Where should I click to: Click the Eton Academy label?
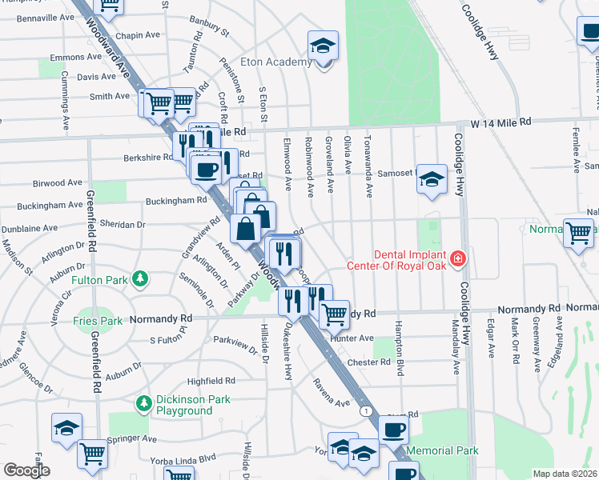276,62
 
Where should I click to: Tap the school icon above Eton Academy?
324,46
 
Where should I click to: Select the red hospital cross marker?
457,258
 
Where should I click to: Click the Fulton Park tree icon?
141,278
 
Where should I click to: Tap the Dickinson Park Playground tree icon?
144,402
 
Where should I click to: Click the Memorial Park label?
442,451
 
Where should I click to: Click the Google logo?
27,470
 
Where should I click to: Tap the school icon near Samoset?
432,181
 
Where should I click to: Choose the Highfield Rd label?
211,381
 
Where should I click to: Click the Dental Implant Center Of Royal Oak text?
396,258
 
